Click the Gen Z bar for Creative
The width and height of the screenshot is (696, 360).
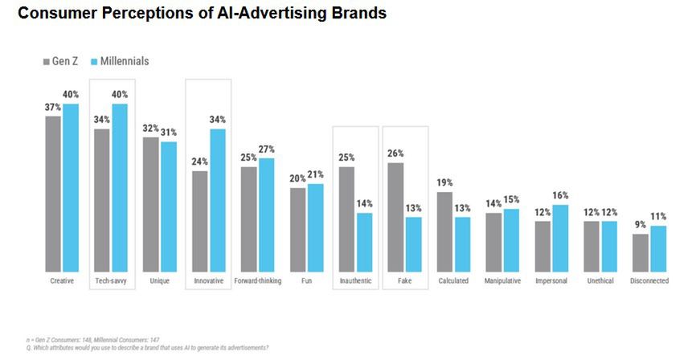click(53, 194)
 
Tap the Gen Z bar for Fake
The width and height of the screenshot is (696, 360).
click(395, 217)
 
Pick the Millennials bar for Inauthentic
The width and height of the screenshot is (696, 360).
click(364, 242)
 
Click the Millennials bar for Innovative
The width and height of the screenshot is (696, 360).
click(217, 200)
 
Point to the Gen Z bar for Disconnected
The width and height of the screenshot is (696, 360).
click(641, 252)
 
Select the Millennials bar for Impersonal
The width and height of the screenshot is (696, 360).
click(561, 238)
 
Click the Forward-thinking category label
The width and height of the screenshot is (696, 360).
click(257, 281)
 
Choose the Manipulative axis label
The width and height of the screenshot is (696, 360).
click(502, 281)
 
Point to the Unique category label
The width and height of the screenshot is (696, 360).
click(160, 281)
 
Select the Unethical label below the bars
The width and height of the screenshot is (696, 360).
click(600, 281)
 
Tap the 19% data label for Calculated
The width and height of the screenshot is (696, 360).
click(444, 182)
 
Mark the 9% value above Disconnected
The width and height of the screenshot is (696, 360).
click(641, 225)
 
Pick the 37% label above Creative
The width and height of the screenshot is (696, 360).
click(53, 107)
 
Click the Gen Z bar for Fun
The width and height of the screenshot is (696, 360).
click(297, 230)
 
